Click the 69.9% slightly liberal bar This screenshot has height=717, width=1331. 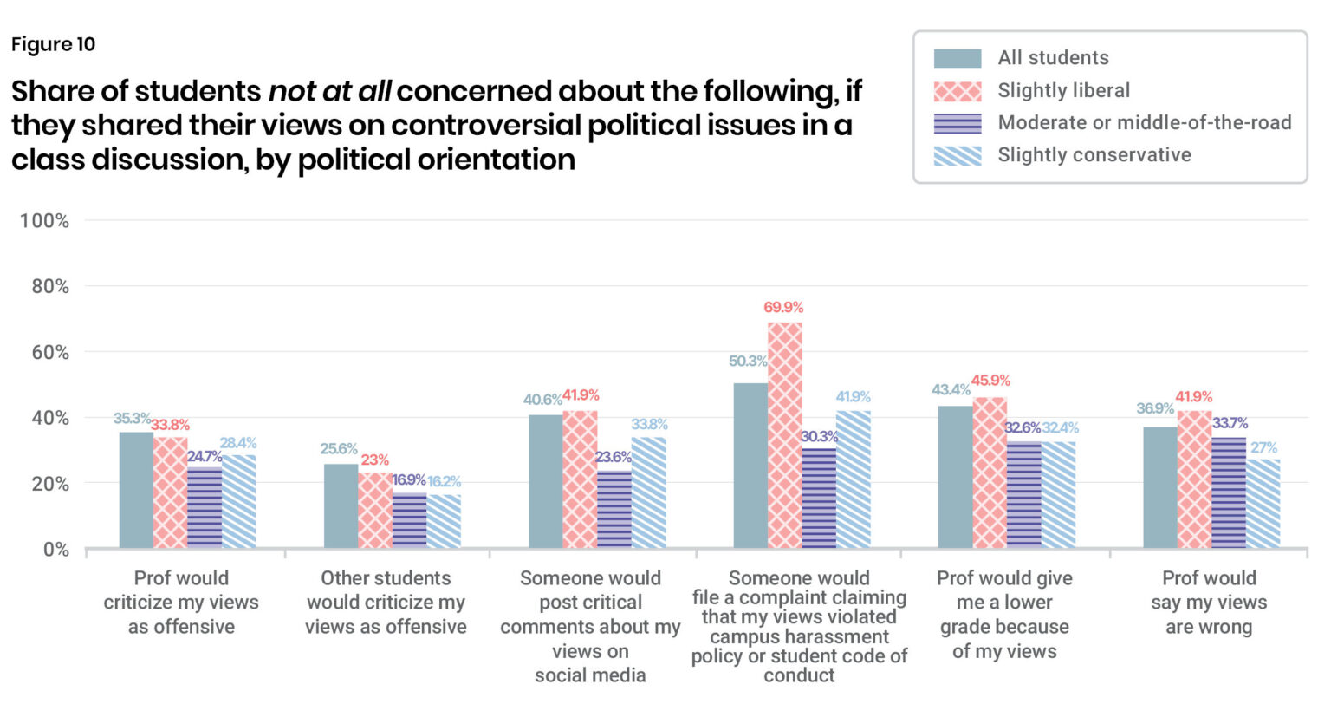click(x=784, y=434)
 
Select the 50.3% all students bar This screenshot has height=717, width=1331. click(x=750, y=465)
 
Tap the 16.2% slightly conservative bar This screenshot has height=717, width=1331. click(x=444, y=521)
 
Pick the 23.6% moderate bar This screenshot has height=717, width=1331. click(x=614, y=510)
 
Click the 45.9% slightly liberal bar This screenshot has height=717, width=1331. click(x=990, y=473)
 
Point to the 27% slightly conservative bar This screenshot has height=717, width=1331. click(x=1263, y=504)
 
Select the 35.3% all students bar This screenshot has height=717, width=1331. click(x=136, y=490)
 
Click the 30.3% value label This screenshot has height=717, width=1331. click(x=820, y=436)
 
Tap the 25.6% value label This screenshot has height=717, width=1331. click(x=339, y=448)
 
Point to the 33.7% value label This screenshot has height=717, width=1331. click(x=1230, y=423)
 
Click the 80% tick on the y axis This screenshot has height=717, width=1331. click(x=50, y=287)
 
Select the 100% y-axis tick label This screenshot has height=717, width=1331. click(x=44, y=221)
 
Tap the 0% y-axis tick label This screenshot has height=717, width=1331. click(x=56, y=550)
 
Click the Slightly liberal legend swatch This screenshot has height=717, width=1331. click(x=958, y=92)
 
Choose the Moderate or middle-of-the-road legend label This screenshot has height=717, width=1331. click(x=1145, y=122)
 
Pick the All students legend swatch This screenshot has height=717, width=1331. click(x=958, y=59)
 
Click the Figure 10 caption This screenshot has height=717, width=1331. click(x=54, y=44)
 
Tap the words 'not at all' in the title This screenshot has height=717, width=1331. click(x=329, y=91)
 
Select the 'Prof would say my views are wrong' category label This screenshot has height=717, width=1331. click(x=1209, y=603)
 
